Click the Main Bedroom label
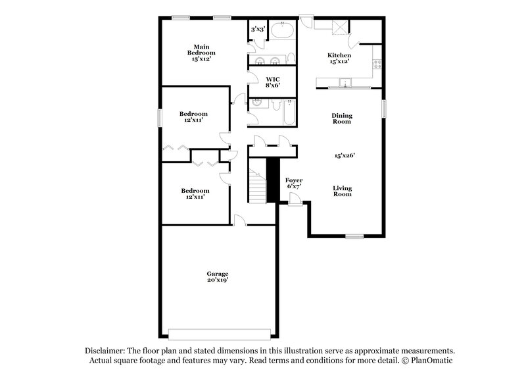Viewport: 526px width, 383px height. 201,52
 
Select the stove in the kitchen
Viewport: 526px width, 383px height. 377,64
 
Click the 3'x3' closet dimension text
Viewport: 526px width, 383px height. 257,29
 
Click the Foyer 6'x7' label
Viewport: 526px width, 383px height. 293,182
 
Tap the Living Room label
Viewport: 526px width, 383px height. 341,191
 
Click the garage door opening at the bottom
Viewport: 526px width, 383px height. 218,331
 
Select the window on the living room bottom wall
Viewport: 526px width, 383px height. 355,235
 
